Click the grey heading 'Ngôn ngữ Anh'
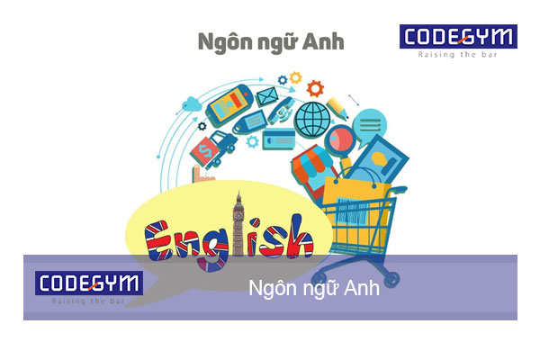(x=269, y=41)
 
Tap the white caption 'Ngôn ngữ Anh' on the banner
(x=313, y=291)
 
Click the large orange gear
(x=314, y=88)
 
